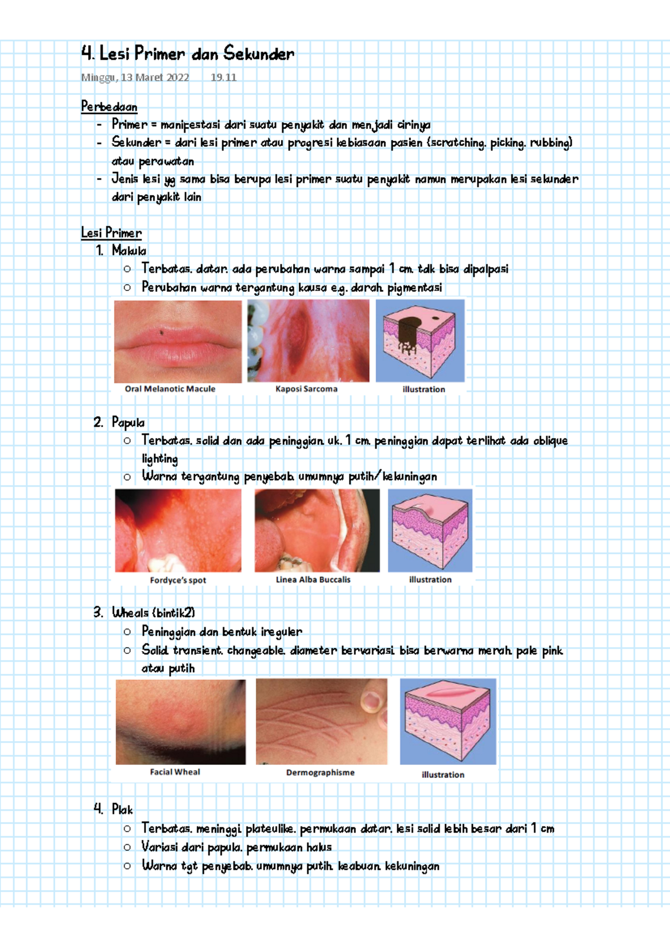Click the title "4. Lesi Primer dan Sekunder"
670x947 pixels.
coord(188,54)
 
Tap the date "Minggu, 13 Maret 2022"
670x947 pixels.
coord(135,78)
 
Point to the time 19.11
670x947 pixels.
coord(223,78)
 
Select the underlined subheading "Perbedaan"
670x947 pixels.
coord(109,106)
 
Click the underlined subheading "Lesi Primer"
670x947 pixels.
coord(111,233)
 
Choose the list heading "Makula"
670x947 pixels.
coord(129,251)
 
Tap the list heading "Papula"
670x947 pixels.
coord(128,422)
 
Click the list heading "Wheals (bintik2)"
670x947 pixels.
coord(154,613)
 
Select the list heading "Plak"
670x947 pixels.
coord(122,809)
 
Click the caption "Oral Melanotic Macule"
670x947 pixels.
coord(170,389)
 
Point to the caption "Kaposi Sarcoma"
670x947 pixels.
coord(306,389)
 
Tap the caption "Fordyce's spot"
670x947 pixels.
coord(178,580)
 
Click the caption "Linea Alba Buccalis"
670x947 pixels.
coord(313,580)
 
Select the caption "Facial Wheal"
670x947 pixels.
coord(175,772)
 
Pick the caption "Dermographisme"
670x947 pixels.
coord(320,772)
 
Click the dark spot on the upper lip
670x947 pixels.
coord(162,333)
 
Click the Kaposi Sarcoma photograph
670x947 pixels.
coord(308,341)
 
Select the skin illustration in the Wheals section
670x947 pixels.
coord(448,721)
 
